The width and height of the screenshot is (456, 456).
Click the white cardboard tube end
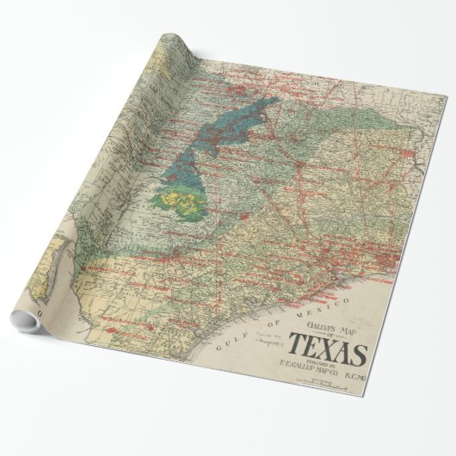[27, 324]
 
